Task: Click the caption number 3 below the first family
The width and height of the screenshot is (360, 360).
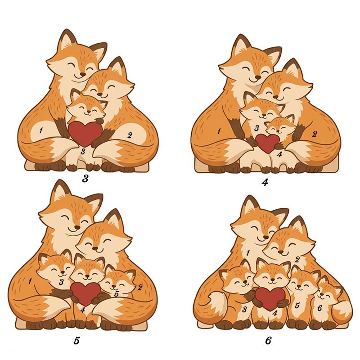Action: pos(85,178)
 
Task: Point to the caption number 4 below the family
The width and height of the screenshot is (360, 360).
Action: pos(265,182)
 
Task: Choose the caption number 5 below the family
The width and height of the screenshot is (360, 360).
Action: pos(76,341)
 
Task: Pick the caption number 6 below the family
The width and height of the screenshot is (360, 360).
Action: pos(268,341)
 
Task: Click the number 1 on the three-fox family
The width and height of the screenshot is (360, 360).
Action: pos(40,130)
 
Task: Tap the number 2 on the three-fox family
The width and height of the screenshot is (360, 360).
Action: pos(130,135)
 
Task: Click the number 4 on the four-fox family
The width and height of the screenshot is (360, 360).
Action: pos(279,154)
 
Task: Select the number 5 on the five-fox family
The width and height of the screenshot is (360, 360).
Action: pos(117,294)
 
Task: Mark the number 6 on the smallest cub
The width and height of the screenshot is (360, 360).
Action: pos(320,308)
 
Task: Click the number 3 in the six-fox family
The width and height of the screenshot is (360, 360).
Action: pos(244,310)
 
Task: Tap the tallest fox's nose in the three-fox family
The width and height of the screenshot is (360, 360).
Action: pos(83,74)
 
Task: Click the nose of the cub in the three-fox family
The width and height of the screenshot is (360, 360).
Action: pos(88,112)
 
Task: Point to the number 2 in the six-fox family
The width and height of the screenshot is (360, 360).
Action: pos(297,260)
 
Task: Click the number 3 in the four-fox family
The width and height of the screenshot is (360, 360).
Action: pos(257,128)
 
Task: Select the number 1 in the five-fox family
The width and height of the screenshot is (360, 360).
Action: pos(30,281)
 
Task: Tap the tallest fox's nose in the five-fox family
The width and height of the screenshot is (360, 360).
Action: pos(77,227)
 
